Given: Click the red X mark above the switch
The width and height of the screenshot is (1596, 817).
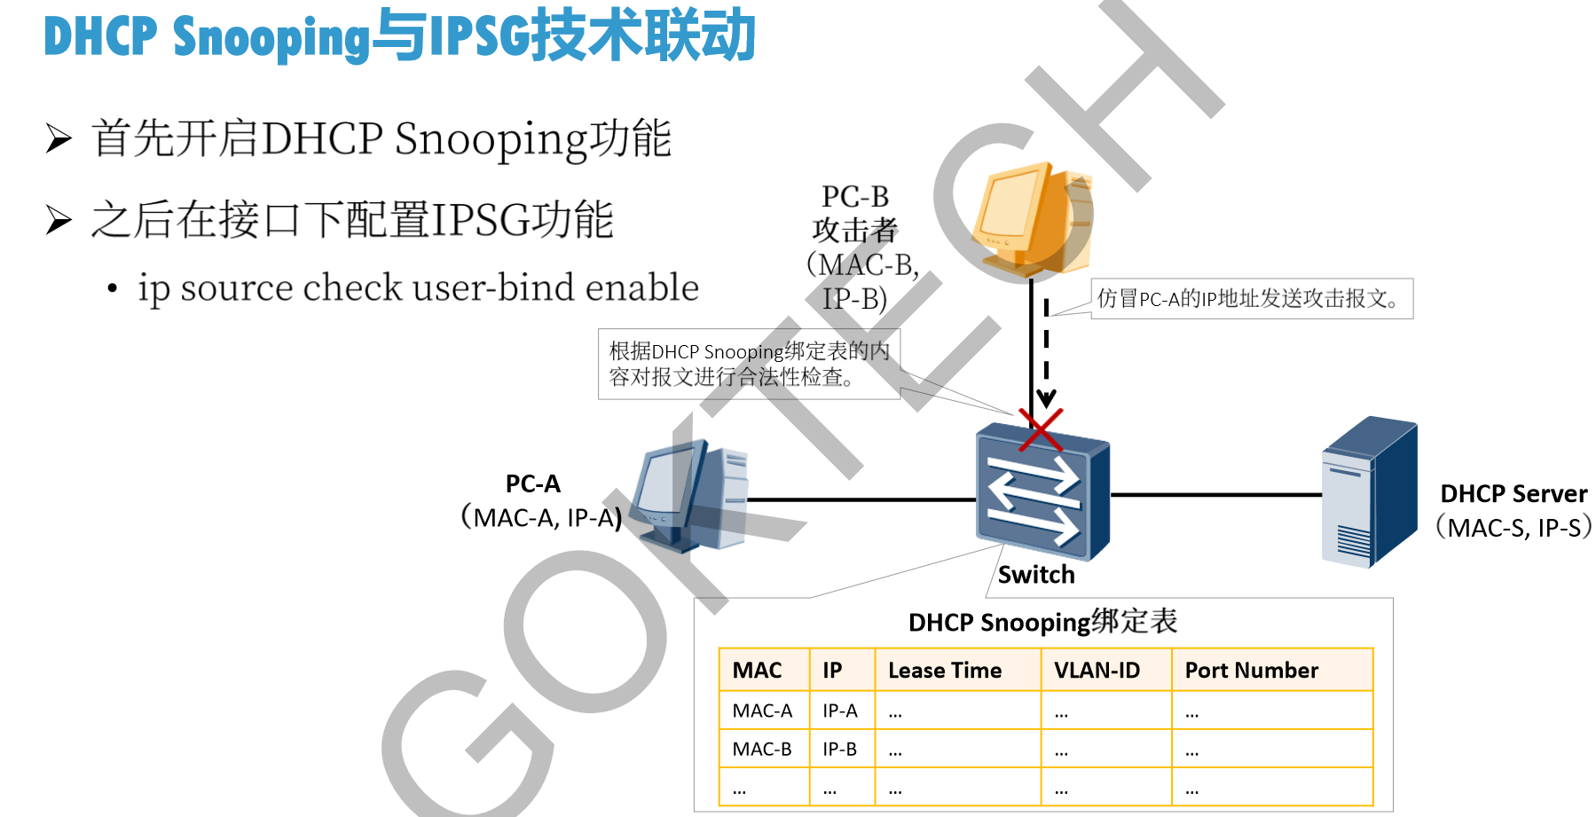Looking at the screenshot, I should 1040,430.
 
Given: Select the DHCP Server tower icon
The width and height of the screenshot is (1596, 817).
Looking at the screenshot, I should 1369,492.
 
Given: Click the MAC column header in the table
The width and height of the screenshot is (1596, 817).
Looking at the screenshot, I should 757,671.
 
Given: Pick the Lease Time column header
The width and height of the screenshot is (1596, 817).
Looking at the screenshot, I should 944,671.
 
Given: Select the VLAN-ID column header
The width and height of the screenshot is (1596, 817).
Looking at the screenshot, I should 1097,671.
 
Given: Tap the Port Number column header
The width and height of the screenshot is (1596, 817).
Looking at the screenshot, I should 1251,671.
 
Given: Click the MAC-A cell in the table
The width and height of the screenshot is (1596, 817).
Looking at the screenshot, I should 762,711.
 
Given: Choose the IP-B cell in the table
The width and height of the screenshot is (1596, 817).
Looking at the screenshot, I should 839,750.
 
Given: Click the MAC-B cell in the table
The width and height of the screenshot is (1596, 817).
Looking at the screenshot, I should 762,750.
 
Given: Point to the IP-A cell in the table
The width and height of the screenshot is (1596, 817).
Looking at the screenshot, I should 839,711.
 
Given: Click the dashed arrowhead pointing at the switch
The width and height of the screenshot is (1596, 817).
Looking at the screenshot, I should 1047,398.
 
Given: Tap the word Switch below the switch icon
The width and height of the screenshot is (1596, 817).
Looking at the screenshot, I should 1036,575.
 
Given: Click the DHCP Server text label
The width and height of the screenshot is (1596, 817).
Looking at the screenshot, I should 1513,494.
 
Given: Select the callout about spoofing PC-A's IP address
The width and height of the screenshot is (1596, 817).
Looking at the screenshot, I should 1250,299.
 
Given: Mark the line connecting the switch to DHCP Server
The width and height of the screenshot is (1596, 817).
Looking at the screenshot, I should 1215,495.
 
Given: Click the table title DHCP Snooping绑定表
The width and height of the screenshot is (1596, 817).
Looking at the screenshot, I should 1042,622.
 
